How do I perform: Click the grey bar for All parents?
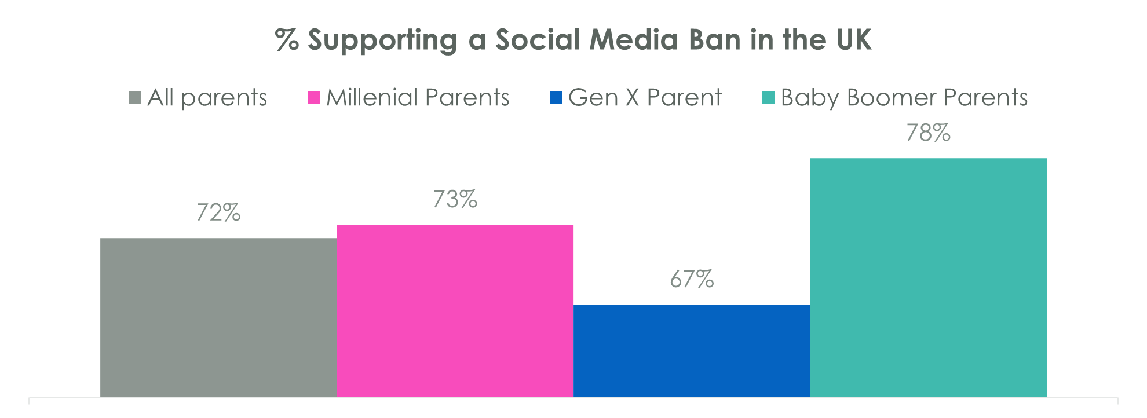[218, 317]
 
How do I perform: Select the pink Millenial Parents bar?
[455, 310]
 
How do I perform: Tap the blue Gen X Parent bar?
[691, 350]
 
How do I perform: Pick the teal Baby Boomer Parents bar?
[928, 277]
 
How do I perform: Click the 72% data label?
[218, 213]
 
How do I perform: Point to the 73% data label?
[455, 200]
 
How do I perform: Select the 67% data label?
[692, 280]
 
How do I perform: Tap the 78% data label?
[928, 133]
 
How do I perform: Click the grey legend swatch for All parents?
[135, 98]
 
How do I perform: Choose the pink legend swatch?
[313, 98]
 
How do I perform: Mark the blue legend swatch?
[556, 98]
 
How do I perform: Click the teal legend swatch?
[768, 98]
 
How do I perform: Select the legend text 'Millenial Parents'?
[418, 98]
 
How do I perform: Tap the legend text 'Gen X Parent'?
[645, 98]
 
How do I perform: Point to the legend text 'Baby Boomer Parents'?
[904, 98]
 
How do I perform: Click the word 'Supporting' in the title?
[382, 41]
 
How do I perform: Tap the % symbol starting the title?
[287, 41]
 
